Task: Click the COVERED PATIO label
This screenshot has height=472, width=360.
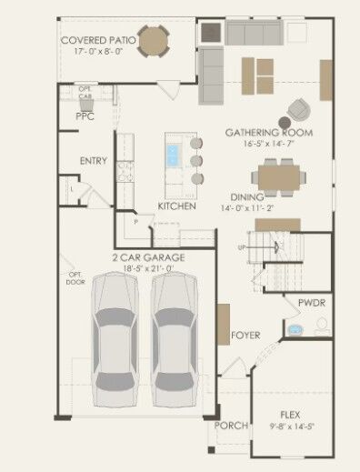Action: (100, 41)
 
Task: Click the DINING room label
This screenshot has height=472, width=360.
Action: (247, 196)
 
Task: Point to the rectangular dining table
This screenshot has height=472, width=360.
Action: (277, 176)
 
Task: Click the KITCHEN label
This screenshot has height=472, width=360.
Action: (176, 206)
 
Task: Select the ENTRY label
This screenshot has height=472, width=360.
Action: (93, 161)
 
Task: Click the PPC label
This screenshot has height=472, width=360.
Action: (85, 116)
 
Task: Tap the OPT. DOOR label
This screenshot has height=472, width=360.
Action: (75, 278)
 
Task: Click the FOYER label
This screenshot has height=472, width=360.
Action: (245, 335)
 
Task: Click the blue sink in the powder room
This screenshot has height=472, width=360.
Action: (295, 328)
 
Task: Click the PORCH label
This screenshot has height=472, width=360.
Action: (231, 426)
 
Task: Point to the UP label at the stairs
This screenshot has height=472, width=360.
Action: (242, 246)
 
